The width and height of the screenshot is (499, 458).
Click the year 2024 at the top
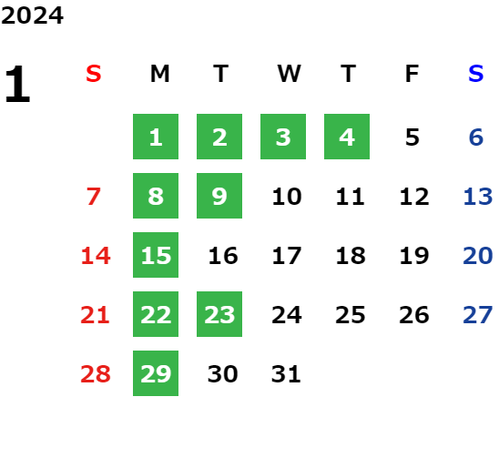point(32,15)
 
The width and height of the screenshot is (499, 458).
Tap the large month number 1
point(17,84)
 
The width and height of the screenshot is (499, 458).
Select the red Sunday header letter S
point(94,74)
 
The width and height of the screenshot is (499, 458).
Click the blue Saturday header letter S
point(476,74)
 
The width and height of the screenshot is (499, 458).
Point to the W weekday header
point(289,74)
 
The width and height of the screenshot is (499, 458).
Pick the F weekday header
point(412,74)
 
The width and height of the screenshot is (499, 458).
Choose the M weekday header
point(159,74)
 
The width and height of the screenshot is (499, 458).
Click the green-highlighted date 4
point(347,137)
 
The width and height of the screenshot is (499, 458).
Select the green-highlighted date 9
point(219,196)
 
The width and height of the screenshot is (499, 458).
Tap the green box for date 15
point(156,255)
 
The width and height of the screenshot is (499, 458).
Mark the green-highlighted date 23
point(219,314)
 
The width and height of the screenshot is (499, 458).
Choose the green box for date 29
point(156,373)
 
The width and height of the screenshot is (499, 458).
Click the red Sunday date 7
point(94,197)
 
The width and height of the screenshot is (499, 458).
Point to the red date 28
point(96,374)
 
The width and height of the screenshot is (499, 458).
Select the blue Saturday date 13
point(478,197)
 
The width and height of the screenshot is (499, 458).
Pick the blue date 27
point(478,315)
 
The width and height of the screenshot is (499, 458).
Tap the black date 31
point(286,374)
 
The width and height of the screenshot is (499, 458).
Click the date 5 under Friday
point(412,137)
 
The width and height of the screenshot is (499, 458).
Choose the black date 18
point(351,256)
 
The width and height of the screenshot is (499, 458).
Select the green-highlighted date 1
point(156,137)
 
